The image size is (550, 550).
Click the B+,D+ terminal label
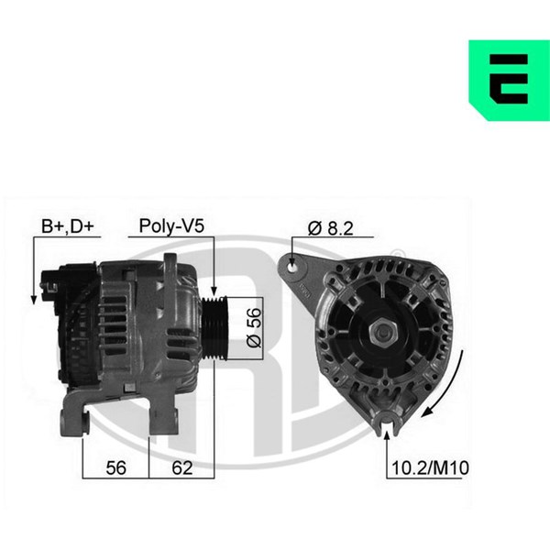click(x=68, y=226)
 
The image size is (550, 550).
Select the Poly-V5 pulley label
click(x=171, y=225)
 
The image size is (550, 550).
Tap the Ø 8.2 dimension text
click(x=330, y=228)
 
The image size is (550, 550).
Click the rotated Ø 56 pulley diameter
click(x=254, y=327)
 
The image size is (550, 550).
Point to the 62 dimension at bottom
click(x=182, y=467)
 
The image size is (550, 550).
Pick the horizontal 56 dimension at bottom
click(x=115, y=467)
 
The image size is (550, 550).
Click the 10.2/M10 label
click(x=430, y=467)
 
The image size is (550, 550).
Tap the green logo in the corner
click(x=510, y=81)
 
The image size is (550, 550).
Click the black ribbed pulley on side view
click(x=214, y=328)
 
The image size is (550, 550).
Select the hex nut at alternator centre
click(x=382, y=332)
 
